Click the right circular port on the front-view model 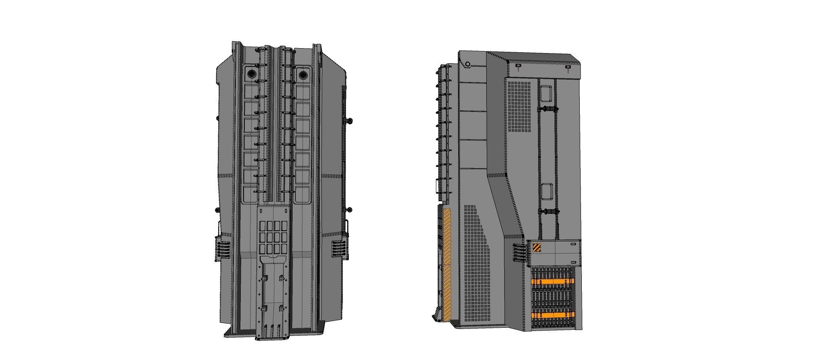(x=303, y=75)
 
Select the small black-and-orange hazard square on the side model (x=537, y=247)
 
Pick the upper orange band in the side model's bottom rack (x=553, y=281)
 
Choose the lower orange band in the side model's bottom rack (x=553, y=315)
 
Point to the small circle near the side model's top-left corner (x=468, y=64)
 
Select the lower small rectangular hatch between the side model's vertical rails (x=547, y=191)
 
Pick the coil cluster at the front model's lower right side (x=339, y=249)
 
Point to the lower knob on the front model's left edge (x=217, y=210)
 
